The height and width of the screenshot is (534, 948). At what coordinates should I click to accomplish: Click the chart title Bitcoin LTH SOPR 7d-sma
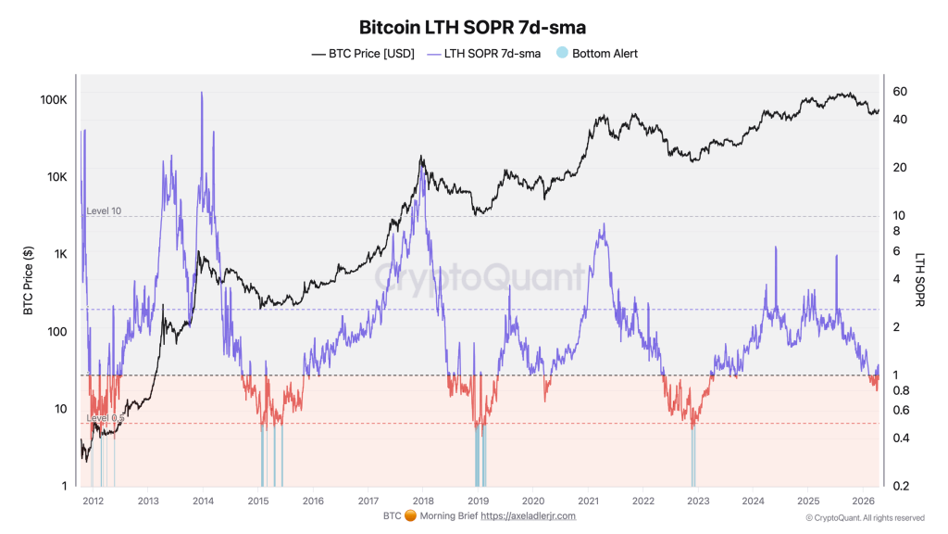[473, 28]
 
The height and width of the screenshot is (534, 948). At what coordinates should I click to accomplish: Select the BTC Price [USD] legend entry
[363, 54]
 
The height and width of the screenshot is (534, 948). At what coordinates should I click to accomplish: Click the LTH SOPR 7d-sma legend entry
[481, 54]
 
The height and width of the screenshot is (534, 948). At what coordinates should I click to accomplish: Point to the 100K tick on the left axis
[51, 99]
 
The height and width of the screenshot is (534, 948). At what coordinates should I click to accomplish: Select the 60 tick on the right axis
[899, 91]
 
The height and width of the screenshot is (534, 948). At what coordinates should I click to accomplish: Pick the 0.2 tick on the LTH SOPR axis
[900, 486]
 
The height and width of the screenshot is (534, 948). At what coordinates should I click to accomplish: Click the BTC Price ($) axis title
[29, 281]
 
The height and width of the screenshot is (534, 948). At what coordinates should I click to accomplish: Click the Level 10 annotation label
[104, 211]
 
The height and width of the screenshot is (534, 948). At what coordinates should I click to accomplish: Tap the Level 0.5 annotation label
[106, 418]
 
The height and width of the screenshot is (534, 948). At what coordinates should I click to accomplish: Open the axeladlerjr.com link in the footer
[528, 515]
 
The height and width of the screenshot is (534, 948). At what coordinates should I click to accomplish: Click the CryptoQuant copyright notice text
[865, 518]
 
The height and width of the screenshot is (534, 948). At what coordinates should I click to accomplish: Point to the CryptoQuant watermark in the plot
[480, 276]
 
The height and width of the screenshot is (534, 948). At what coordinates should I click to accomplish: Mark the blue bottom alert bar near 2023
[692, 459]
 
